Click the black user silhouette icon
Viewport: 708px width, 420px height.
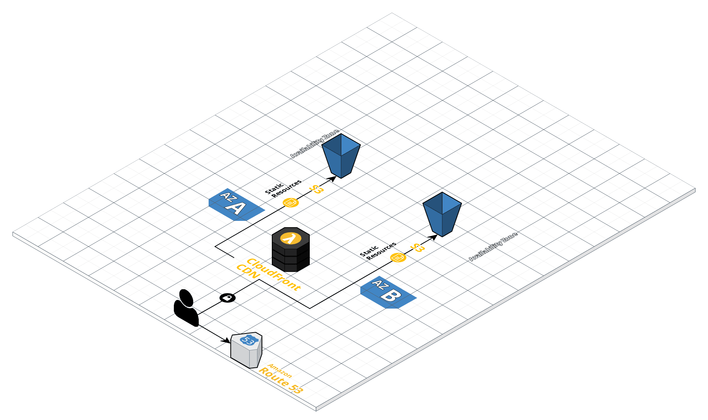tap(186, 309)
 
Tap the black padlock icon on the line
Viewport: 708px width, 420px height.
tap(228, 298)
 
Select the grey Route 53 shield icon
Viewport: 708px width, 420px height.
tap(247, 350)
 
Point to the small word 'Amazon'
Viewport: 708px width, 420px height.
tap(280, 371)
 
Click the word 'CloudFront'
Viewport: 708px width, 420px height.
tap(273, 274)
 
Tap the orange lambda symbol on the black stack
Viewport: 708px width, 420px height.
tap(290, 238)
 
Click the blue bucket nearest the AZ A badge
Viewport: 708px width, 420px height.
tap(341, 155)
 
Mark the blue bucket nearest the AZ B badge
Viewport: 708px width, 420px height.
tap(442, 214)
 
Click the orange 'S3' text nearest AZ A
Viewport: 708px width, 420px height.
tap(316, 189)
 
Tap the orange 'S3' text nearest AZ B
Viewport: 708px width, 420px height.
tap(417, 248)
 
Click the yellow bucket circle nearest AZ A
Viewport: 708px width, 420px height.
tap(291, 203)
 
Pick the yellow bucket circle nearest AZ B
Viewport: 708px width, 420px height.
tap(398, 258)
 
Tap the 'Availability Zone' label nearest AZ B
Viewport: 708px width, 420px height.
tap(493, 247)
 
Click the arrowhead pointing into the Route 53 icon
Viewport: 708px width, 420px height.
tap(227, 340)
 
